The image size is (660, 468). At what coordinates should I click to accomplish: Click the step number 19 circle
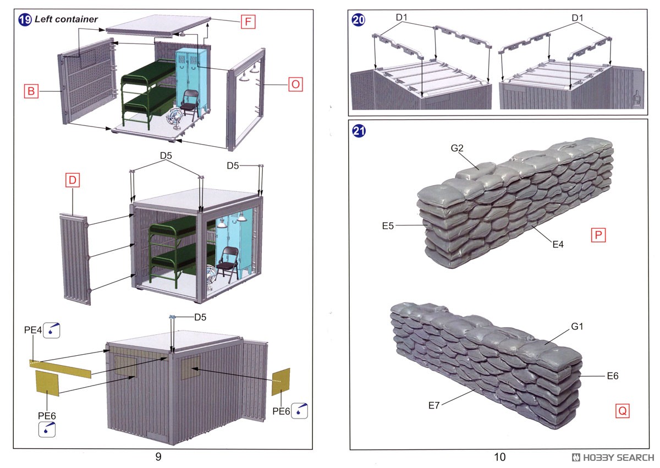click(25, 20)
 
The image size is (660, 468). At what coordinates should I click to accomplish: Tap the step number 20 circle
click(358, 20)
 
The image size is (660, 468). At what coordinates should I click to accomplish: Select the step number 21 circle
click(358, 131)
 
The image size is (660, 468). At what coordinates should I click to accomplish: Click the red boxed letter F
click(248, 23)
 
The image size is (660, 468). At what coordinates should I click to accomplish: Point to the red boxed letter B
click(31, 91)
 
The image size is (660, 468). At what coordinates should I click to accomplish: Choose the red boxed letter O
click(295, 85)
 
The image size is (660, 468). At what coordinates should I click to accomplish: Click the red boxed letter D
click(73, 179)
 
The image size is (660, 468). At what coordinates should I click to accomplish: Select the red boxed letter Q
click(621, 410)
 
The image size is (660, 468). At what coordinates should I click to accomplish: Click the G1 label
click(577, 327)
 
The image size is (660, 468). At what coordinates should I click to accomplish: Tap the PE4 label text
click(32, 330)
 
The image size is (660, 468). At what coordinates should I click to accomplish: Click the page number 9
click(158, 457)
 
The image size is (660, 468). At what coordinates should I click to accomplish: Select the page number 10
click(499, 457)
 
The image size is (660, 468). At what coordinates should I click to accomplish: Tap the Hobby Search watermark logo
click(613, 457)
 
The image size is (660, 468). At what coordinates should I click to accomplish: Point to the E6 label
click(613, 376)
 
